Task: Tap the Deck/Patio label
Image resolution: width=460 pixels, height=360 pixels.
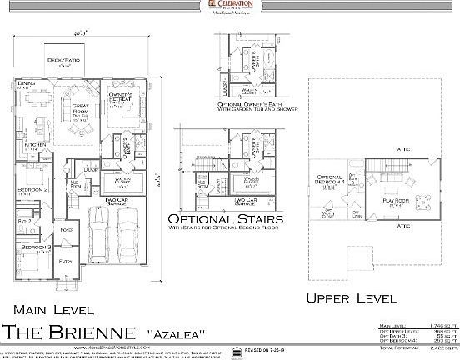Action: pos(69,62)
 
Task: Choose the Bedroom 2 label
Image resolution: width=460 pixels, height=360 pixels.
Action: pos(32,191)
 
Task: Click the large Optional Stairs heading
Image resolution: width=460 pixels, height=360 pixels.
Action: pos(224,219)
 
